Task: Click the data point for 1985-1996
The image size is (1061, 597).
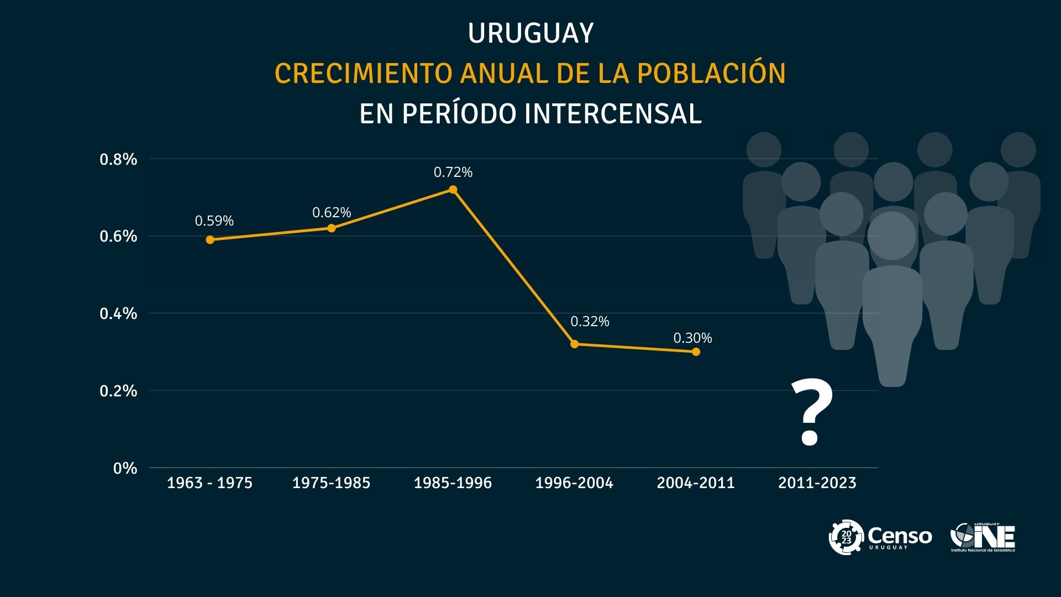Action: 453,190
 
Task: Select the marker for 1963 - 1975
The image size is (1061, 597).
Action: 210,239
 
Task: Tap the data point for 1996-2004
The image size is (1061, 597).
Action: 574,344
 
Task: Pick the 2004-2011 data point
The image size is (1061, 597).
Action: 696,352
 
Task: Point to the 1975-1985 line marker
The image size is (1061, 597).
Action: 332,228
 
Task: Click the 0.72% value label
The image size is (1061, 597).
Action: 453,172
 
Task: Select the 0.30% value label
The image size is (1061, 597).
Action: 692,338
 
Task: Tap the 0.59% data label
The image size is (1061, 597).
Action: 214,221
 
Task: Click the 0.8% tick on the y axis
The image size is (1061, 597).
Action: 118,159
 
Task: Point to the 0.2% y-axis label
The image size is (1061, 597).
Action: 118,391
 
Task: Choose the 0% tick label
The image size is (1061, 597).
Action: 125,468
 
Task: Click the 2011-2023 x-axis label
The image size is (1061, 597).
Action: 817,483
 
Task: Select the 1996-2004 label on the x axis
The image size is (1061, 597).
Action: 574,483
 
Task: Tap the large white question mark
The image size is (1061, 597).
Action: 811,412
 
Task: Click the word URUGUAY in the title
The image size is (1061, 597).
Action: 530,33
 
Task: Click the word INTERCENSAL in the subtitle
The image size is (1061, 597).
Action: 613,114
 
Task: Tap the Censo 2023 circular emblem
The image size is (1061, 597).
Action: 846,536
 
